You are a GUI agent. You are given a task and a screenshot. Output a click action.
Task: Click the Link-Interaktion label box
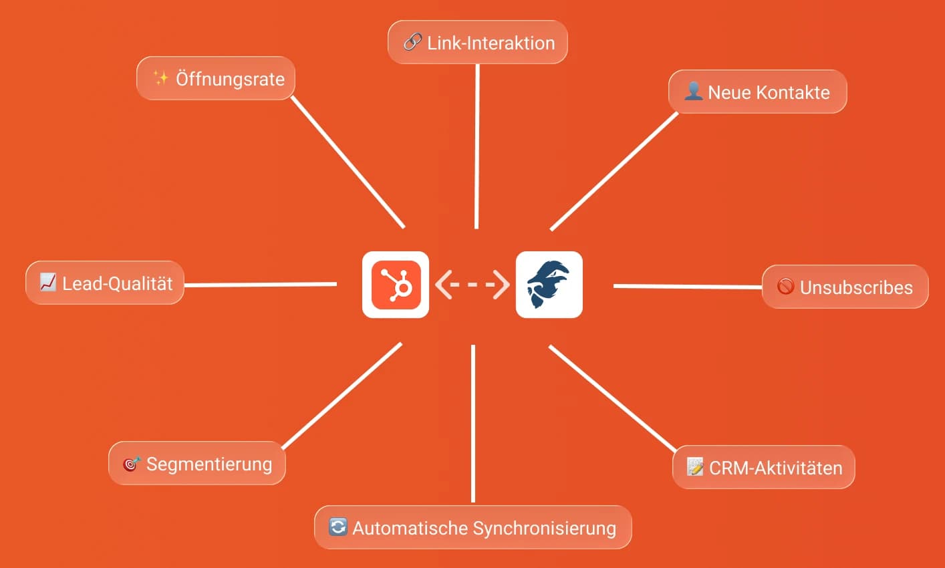point(478,43)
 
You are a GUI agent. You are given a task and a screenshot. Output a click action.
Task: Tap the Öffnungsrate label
point(216,79)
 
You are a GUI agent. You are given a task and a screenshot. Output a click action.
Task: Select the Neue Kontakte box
point(757,92)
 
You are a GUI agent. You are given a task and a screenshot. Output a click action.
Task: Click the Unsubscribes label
point(845,287)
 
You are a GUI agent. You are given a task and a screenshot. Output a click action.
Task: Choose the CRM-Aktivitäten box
point(763,468)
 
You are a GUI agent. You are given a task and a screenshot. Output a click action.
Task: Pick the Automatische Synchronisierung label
point(472,528)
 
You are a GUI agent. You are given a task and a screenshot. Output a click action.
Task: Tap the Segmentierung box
point(197,464)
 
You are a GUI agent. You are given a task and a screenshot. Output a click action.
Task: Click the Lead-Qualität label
point(105,283)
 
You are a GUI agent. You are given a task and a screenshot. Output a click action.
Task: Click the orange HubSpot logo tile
point(396,285)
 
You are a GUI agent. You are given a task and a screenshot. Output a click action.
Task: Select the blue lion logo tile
point(549,285)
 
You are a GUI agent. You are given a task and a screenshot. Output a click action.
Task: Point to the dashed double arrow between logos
point(472,285)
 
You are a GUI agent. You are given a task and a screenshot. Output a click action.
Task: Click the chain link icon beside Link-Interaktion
point(412,43)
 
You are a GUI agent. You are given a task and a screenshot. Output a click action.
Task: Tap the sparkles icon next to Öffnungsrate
point(161,79)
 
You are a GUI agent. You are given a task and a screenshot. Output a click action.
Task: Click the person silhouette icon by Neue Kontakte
point(693,92)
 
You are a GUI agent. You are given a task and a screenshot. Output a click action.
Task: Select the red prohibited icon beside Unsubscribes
point(785,287)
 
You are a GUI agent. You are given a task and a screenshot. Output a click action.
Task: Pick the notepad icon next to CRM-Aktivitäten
point(695,467)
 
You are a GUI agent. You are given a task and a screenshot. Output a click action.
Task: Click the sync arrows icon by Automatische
point(338,527)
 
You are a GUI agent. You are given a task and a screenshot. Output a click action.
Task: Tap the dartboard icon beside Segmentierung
point(131,464)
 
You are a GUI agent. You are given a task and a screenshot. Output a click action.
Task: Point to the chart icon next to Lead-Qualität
point(47,283)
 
